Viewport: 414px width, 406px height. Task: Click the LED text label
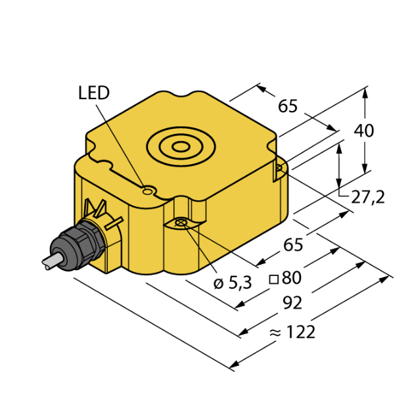point(93,93)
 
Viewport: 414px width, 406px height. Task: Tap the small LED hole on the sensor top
point(149,191)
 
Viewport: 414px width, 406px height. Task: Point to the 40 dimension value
point(363,131)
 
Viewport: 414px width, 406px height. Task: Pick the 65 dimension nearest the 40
point(288,106)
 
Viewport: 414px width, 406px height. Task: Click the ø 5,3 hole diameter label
point(233,283)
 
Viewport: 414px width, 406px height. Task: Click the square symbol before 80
point(274,279)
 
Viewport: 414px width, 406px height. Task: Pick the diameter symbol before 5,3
point(218,283)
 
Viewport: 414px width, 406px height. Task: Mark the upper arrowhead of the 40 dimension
point(365,91)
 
